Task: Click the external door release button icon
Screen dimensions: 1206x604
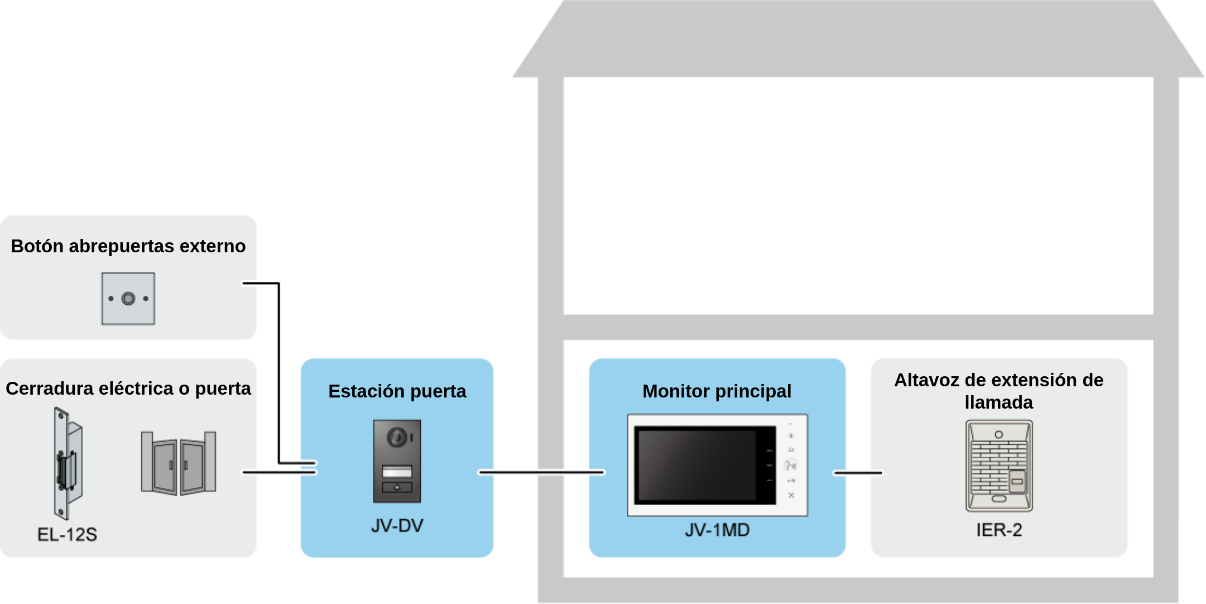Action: point(128,299)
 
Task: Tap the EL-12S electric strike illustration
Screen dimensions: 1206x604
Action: point(68,464)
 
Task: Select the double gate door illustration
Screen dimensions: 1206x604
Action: point(179,463)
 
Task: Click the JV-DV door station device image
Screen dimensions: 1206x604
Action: point(397,461)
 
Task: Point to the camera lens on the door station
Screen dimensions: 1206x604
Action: point(397,437)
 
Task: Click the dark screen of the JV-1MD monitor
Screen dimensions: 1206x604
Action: point(705,465)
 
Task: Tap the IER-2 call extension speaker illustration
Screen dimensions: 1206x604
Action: point(999,466)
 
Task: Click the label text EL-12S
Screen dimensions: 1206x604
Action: point(67,535)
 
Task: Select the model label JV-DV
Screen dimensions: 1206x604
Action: point(397,526)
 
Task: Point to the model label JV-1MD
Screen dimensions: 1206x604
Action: point(717,530)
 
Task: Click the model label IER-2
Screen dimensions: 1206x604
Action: point(999,530)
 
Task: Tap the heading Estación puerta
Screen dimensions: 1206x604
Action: point(397,391)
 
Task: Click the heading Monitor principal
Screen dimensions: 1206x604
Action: point(717,391)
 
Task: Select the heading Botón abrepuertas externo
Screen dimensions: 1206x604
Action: point(128,246)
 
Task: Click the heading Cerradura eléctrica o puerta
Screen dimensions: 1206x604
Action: point(128,389)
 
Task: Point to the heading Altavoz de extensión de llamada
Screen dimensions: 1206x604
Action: point(999,391)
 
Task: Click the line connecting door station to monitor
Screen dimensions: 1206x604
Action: point(541,472)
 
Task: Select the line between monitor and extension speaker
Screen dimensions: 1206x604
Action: point(858,473)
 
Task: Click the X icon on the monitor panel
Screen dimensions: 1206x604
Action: point(791,495)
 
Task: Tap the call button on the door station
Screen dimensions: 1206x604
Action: point(397,487)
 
